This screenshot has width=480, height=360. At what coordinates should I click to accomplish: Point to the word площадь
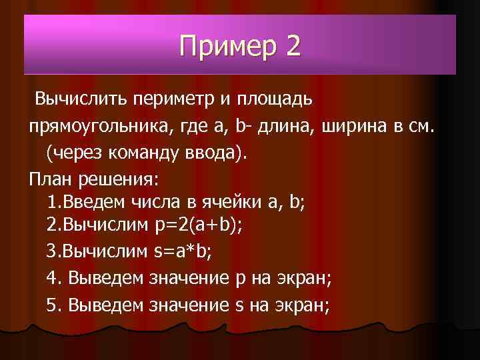273,100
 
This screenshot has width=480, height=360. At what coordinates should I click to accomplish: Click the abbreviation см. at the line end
419,126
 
